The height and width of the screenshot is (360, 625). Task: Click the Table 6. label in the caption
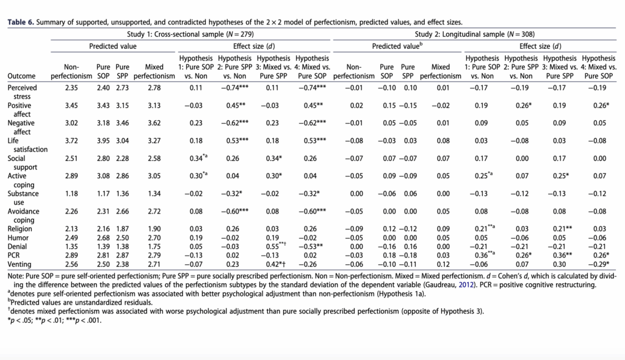click(21, 23)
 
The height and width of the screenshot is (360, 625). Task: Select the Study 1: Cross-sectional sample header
click(190, 34)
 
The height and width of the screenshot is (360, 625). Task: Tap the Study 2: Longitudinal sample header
click(475, 34)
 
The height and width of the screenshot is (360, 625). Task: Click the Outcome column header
click(21, 76)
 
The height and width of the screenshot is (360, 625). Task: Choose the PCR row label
click(13, 255)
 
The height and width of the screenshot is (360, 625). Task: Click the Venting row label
click(19, 264)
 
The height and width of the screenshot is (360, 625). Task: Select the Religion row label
click(20, 229)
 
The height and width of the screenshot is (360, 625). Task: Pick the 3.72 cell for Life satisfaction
click(71, 141)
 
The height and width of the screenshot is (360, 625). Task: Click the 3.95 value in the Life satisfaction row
click(103, 141)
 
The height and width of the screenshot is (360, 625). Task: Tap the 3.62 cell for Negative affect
click(154, 123)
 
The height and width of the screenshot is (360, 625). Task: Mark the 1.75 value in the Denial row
click(154, 247)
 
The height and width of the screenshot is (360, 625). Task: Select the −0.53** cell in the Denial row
click(312, 247)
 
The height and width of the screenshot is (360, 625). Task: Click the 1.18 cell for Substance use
click(71, 194)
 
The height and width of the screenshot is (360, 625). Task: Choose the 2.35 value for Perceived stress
click(71, 88)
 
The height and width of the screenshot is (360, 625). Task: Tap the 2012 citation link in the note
click(466, 285)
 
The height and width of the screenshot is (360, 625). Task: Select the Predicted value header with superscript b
click(397, 46)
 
